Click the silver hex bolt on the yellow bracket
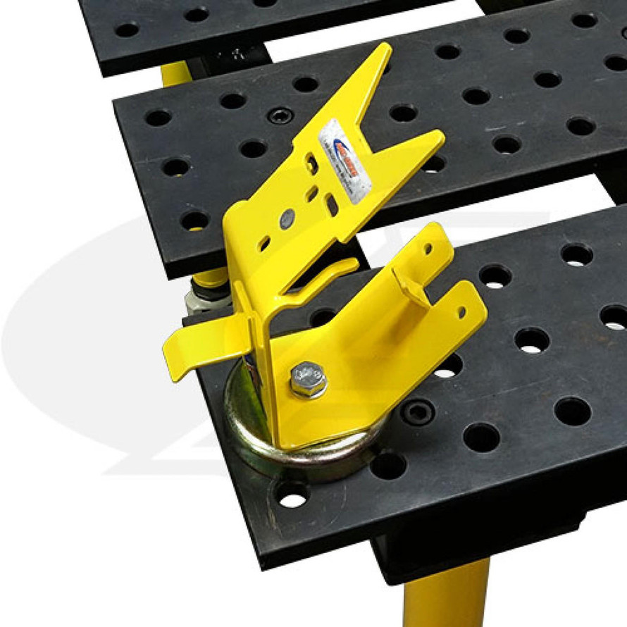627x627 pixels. [x=308, y=381]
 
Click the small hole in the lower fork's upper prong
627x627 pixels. [x=428, y=248]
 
